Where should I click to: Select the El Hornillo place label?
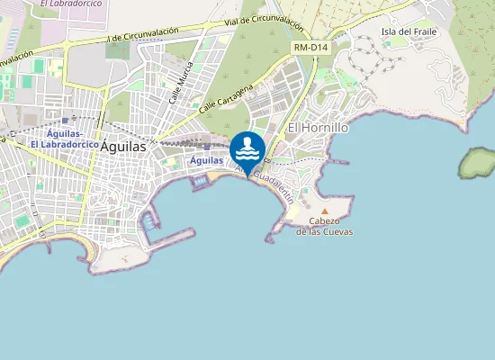pyautogui.click(x=317, y=129)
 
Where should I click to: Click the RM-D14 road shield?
pyautogui.click(x=309, y=47)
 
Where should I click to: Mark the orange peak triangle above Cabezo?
pyautogui.click(x=325, y=211)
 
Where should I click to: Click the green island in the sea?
pyautogui.click(x=477, y=163)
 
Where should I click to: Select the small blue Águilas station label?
pyautogui.click(x=207, y=160)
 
